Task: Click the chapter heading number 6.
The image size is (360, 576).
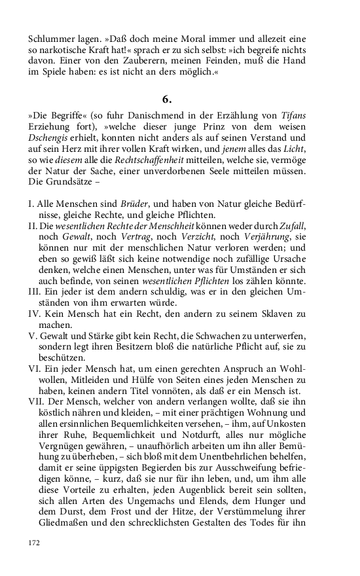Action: (167, 99)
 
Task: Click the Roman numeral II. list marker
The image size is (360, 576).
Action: (34, 226)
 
